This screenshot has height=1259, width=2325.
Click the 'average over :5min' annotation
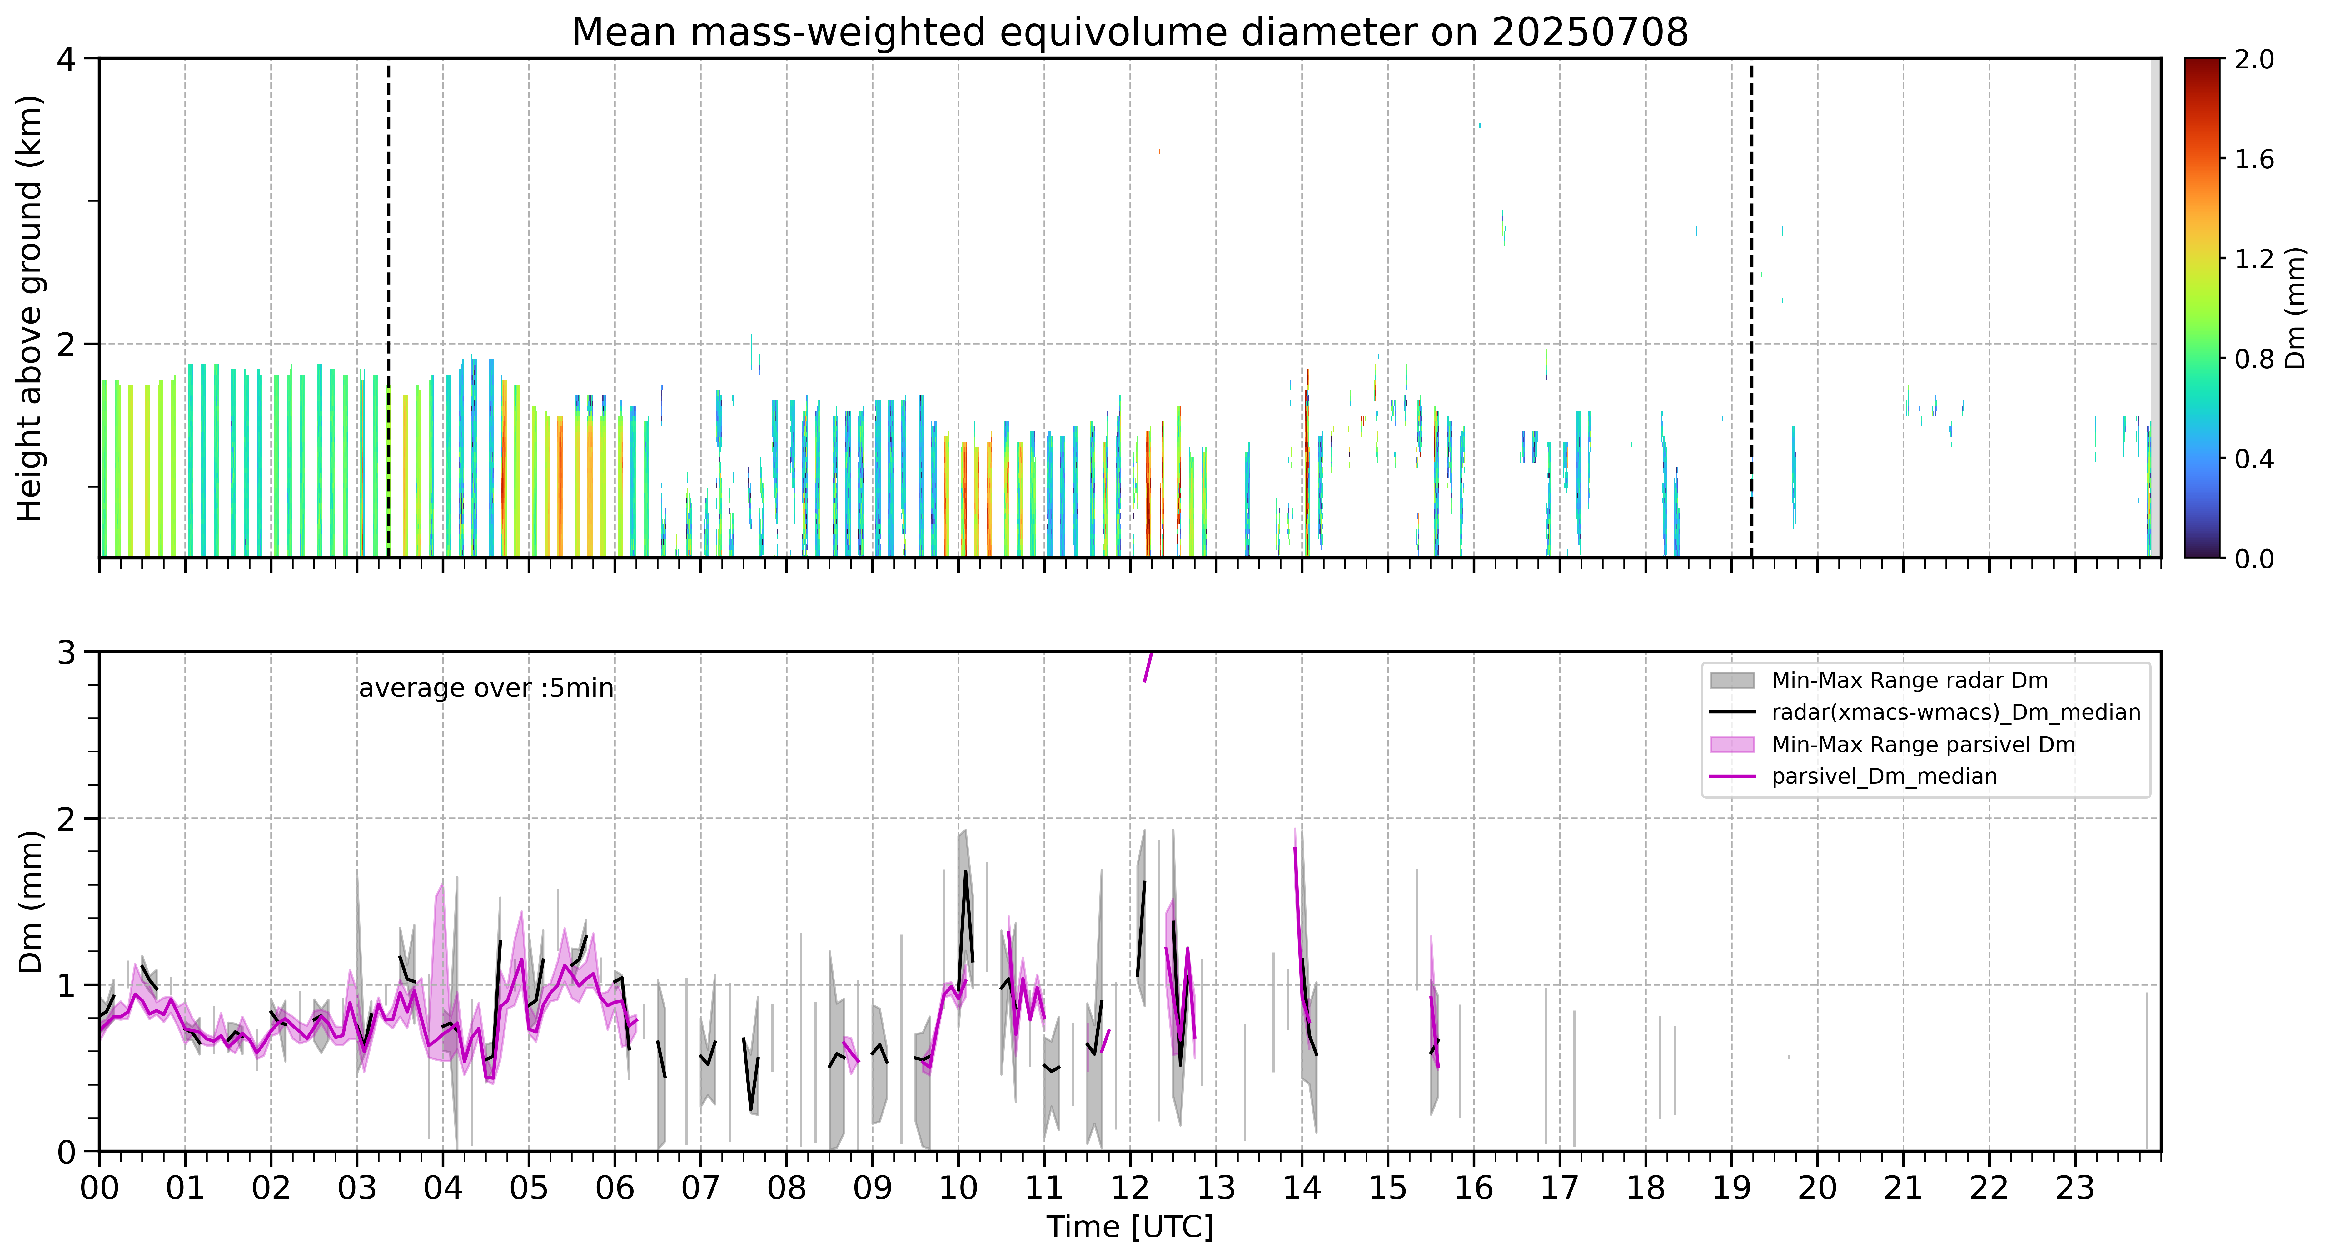coord(485,689)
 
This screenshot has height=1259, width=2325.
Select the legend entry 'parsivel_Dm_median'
coord(1884,776)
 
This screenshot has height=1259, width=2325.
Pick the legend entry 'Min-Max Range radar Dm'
coord(1909,681)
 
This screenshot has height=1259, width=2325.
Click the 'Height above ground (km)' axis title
coord(30,309)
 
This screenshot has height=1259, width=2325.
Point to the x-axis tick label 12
coord(1130,1188)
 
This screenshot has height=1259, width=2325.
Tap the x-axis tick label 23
coord(2075,1188)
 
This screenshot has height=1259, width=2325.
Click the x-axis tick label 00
coord(99,1188)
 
